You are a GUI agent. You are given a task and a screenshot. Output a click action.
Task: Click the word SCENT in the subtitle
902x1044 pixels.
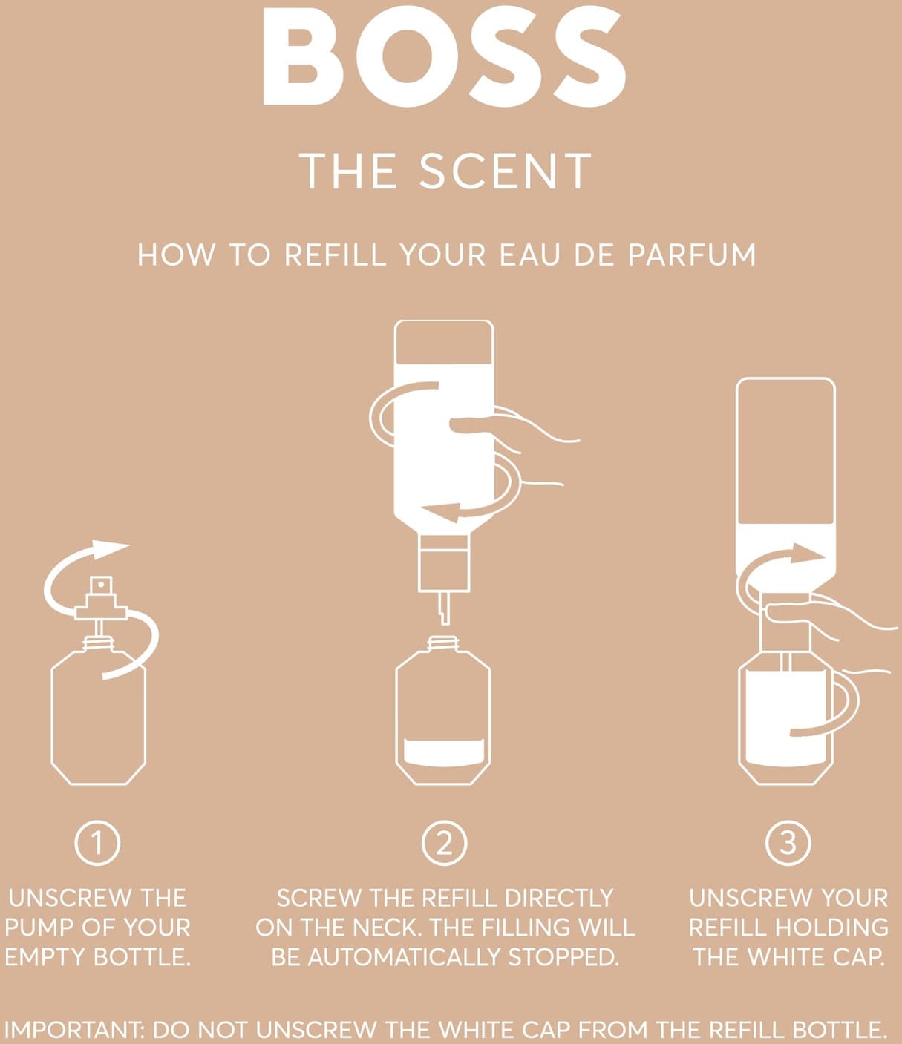[505, 171]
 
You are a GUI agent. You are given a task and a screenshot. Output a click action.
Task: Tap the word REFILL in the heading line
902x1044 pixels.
[336, 255]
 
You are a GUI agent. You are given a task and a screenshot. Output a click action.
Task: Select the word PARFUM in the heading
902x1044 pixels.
[692, 255]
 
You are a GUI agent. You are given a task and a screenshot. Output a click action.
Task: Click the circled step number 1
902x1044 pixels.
[97, 844]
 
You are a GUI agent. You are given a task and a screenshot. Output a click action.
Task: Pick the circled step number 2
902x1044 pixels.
[444, 844]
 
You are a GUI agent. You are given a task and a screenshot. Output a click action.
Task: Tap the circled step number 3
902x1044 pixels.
[788, 844]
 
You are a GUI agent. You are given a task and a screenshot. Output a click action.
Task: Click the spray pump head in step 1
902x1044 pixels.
[101, 598]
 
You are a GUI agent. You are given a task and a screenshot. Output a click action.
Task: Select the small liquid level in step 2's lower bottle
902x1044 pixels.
[444, 752]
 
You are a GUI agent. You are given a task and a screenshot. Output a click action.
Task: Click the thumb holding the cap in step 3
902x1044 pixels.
[788, 612]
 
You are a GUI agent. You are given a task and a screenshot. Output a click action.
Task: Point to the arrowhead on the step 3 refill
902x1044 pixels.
[808, 554]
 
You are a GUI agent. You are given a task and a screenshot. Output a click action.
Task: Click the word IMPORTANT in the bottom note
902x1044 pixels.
[76, 1029]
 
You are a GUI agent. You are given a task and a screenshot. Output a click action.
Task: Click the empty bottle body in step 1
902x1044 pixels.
[99, 718]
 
